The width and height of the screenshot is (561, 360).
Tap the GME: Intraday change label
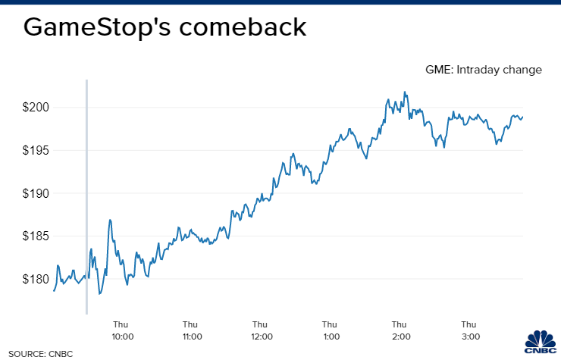[x=484, y=70]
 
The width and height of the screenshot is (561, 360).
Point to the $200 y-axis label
[x=35, y=108]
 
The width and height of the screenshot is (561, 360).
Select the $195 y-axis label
[x=35, y=150]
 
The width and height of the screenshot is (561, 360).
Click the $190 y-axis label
[x=35, y=193]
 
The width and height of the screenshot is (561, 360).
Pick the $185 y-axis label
[x=35, y=236]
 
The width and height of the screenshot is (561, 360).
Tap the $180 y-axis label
[x=35, y=279]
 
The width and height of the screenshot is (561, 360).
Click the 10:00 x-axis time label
[x=122, y=337]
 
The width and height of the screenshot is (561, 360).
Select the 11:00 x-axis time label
[x=192, y=337]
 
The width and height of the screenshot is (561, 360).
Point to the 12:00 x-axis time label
[x=261, y=337]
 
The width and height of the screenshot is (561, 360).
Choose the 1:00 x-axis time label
[x=331, y=337]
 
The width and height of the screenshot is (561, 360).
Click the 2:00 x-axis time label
[x=400, y=337]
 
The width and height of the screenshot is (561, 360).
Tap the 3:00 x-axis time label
[x=469, y=337]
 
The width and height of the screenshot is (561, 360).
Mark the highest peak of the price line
[x=406, y=92]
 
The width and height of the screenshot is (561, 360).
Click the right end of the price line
[x=522, y=117]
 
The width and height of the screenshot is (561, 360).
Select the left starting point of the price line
[x=54, y=290]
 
